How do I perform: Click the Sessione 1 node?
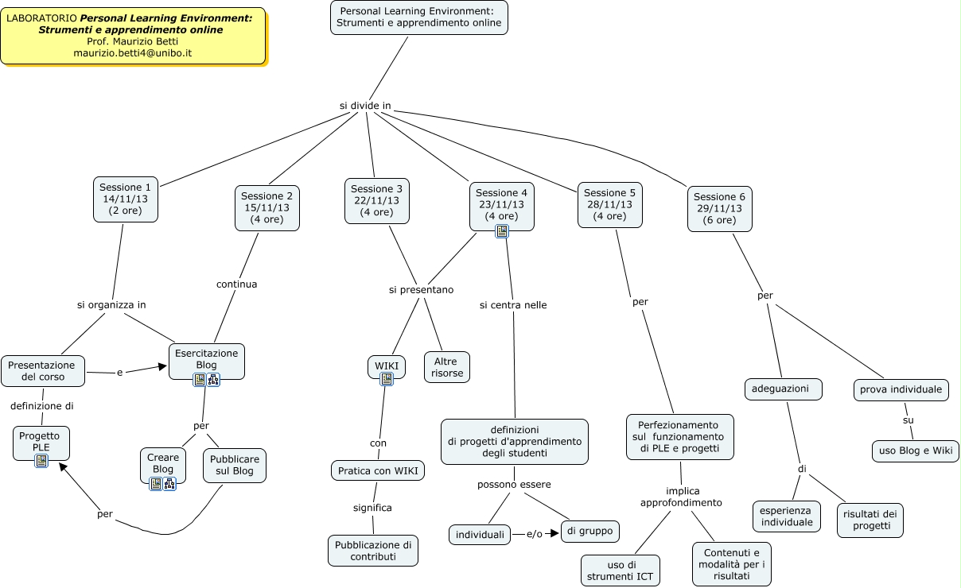[x=126, y=199]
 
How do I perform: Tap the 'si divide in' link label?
[x=365, y=106]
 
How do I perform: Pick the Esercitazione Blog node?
[x=207, y=359]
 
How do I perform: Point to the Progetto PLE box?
[x=41, y=441]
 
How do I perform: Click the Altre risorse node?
[x=447, y=367]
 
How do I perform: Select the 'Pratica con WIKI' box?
[x=378, y=470]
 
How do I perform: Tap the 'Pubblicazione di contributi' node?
[x=373, y=551]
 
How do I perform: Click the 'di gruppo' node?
[x=590, y=532]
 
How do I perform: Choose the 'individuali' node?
[x=480, y=535]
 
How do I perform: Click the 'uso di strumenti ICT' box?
[x=621, y=571]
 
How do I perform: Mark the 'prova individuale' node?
[x=901, y=389]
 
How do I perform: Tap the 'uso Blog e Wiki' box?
[x=915, y=451]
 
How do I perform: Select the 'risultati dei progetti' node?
[x=871, y=520]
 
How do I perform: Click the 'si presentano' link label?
[x=421, y=290]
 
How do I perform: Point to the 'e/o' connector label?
[x=534, y=534]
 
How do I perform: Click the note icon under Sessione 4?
[x=502, y=231]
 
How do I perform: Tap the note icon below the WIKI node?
[x=387, y=379]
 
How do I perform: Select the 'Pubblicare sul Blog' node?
[x=235, y=465]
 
